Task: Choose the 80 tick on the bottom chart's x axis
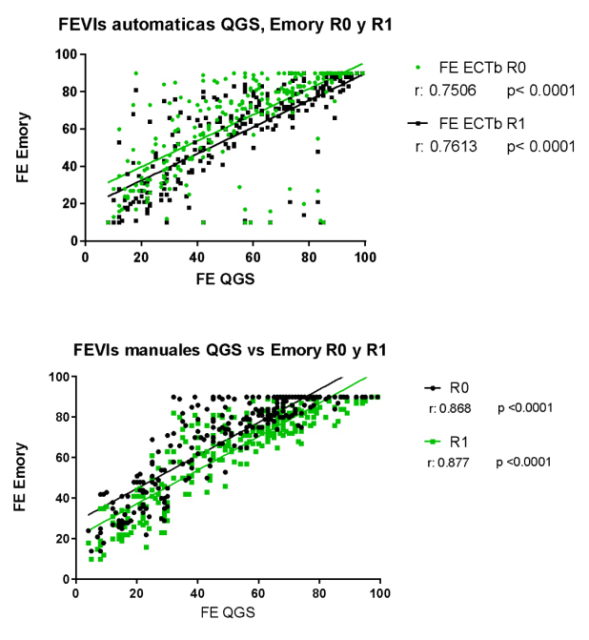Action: point(320,593)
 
